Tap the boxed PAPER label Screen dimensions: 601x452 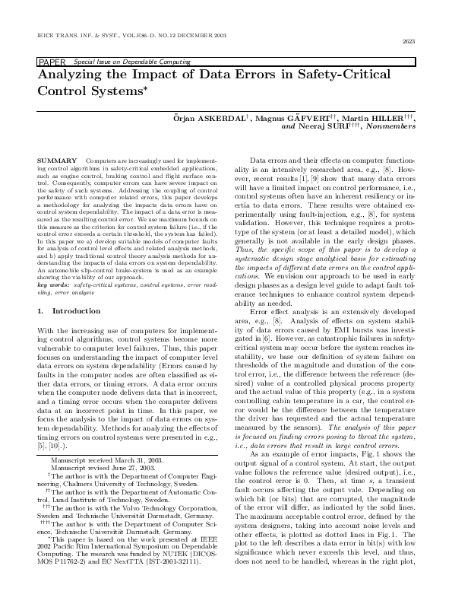52,62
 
